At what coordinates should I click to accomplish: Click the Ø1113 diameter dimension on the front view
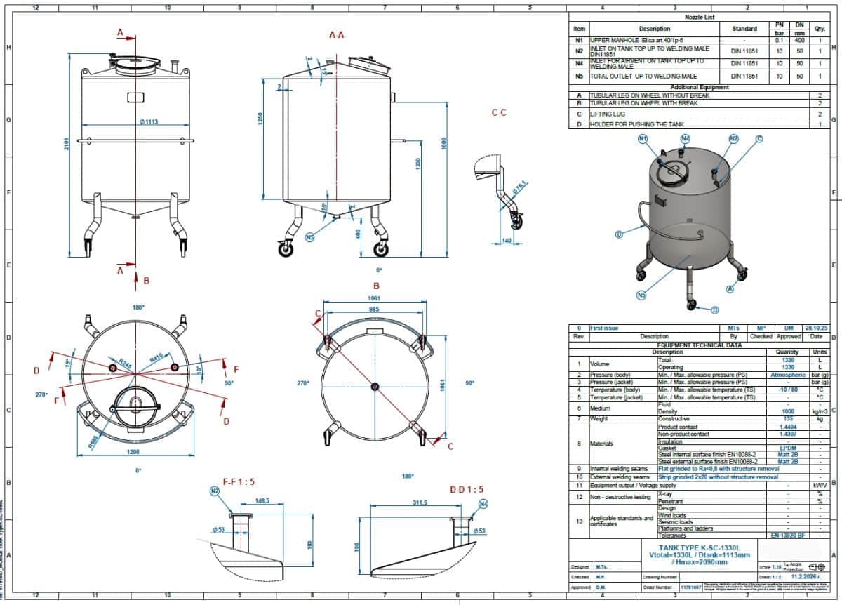148,122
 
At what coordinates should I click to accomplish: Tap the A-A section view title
337,34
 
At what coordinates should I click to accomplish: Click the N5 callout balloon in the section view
310,237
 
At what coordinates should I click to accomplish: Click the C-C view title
499,112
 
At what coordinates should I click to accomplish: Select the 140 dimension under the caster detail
507,241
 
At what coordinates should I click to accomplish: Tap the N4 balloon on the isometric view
686,138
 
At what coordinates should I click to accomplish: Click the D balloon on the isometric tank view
619,234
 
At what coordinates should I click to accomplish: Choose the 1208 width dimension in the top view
133,452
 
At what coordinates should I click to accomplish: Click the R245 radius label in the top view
124,364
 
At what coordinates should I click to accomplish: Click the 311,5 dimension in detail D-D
419,503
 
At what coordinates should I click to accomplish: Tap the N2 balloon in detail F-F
215,492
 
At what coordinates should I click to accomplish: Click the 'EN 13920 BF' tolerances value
787,536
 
